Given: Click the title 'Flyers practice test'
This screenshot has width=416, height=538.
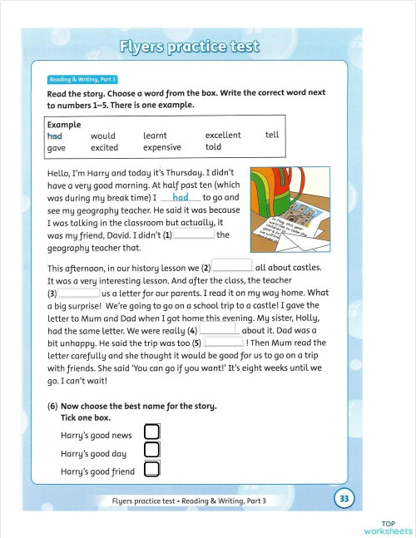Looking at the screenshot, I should (190, 46).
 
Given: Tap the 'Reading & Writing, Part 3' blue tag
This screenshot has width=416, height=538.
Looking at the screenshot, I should (83, 79).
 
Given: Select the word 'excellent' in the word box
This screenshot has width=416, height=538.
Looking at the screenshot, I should (223, 135).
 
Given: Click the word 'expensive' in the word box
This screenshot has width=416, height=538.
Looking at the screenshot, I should (161, 148).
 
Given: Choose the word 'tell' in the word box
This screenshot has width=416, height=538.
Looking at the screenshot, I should (272, 135).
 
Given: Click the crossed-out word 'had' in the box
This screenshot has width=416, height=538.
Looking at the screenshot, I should (55, 136).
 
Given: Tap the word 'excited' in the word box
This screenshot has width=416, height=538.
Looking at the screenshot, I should (104, 148).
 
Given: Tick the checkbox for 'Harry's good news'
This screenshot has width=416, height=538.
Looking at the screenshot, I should (151, 432).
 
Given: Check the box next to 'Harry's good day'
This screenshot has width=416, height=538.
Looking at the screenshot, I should (151, 451).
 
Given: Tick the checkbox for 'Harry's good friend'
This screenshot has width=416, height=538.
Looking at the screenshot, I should (151, 470).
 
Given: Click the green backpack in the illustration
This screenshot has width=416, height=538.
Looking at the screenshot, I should (276, 190).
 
